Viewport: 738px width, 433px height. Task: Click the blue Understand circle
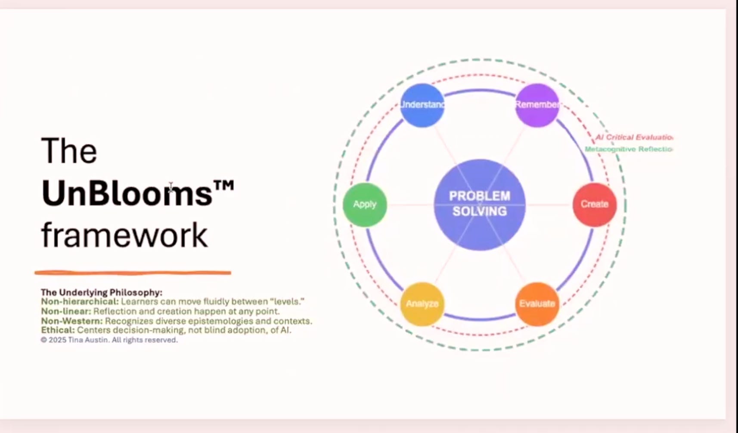tap(422, 105)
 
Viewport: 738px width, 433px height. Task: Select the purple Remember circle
tap(537, 105)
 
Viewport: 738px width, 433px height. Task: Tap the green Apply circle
tap(365, 204)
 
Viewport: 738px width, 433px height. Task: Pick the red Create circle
tap(594, 204)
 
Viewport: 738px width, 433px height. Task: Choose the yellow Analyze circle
tap(422, 304)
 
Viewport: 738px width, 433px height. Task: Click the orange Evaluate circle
tap(537, 304)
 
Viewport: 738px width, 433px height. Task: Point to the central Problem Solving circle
tap(479, 204)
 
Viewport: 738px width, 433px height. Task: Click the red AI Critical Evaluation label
tap(633, 137)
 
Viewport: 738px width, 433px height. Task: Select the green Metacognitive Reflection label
tap(628, 149)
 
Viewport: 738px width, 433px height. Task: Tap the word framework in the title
tap(124, 235)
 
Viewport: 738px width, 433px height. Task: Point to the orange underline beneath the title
tap(133, 273)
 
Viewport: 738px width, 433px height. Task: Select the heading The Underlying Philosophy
tap(102, 292)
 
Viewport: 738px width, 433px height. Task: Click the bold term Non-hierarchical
tap(80, 301)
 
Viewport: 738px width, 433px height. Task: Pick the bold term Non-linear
tap(66, 311)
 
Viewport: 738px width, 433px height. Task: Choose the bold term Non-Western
tap(72, 321)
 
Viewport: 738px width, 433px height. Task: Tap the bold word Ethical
tap(58, 330)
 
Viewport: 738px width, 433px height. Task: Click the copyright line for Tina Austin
tap(109, 340)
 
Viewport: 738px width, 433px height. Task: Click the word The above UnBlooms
tap(69, 151)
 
